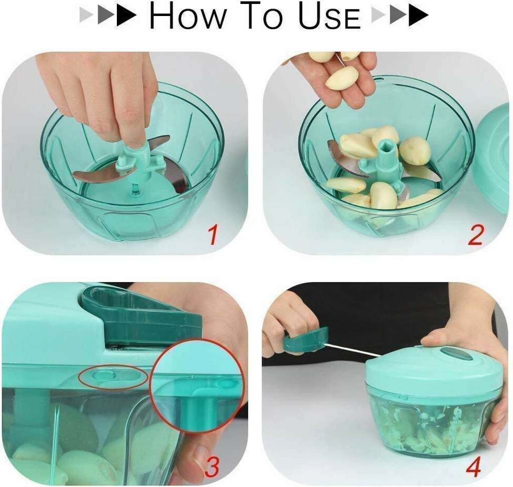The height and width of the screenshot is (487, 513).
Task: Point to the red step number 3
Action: click(212, 467)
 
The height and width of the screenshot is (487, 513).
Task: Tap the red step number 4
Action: click(473, 467)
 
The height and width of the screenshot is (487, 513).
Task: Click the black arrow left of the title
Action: click(127, 16)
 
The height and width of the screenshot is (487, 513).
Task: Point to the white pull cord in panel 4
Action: click(354, 350)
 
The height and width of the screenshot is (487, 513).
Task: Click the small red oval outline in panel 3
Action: click(113, 377)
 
